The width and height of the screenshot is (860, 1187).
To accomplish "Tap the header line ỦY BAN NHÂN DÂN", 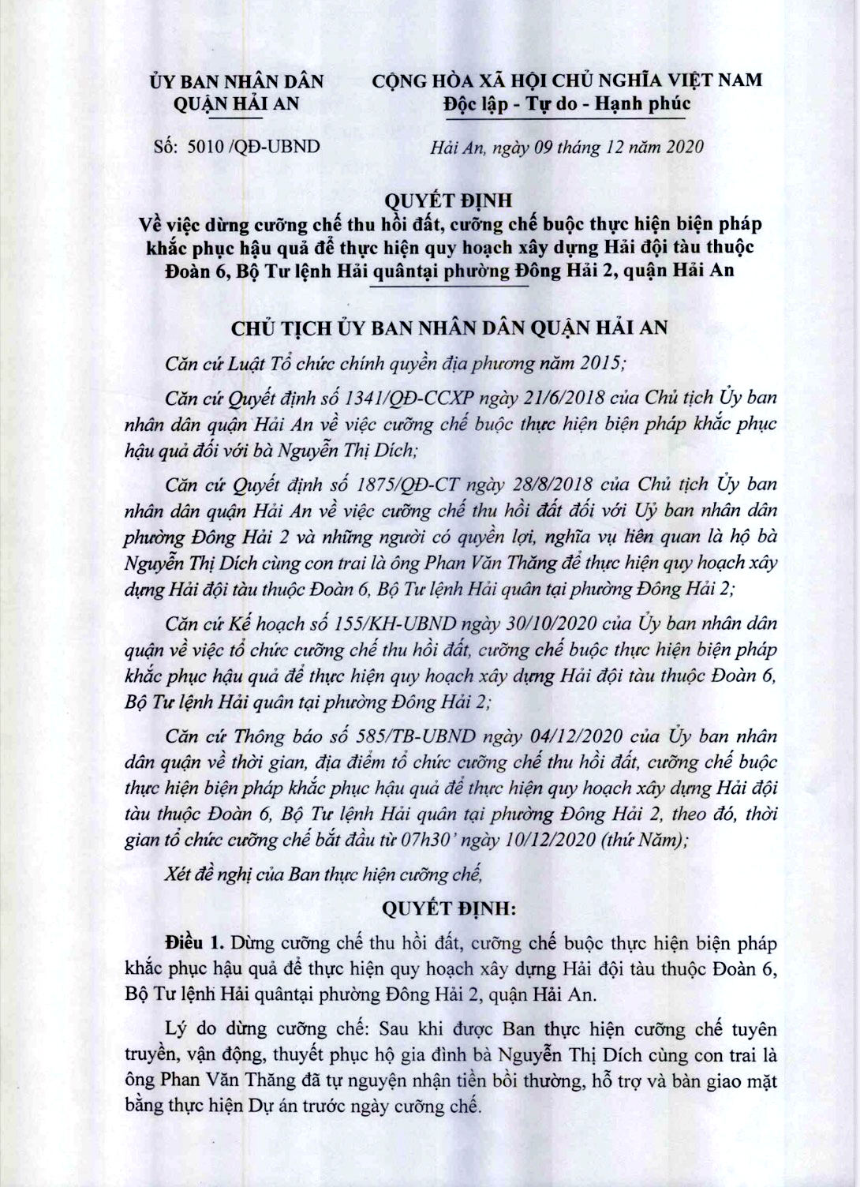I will (237, 81).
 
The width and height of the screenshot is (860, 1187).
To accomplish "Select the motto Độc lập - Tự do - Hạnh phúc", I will (567, 103).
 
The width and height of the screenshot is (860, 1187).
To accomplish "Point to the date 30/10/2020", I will (521, 623).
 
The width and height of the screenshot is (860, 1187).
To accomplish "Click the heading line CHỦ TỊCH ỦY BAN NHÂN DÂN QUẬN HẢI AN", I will (449, 328).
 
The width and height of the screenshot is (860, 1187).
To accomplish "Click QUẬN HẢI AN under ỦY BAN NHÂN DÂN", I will (237, 103).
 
